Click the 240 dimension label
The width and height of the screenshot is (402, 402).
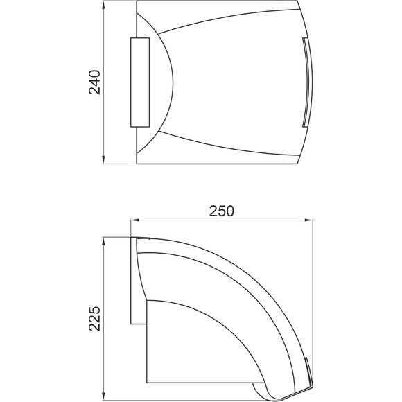94,82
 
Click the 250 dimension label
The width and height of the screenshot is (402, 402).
222,211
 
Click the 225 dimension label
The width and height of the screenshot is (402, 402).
94,318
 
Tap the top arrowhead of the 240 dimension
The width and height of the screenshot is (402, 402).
103,5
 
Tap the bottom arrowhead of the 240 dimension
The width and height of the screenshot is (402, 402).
103,159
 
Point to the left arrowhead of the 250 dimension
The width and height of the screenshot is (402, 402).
134,220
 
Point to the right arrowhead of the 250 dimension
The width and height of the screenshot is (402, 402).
308,220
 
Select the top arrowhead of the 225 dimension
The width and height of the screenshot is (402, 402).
103,241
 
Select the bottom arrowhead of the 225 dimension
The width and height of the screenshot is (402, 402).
103,396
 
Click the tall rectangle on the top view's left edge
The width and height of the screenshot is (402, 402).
140,82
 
